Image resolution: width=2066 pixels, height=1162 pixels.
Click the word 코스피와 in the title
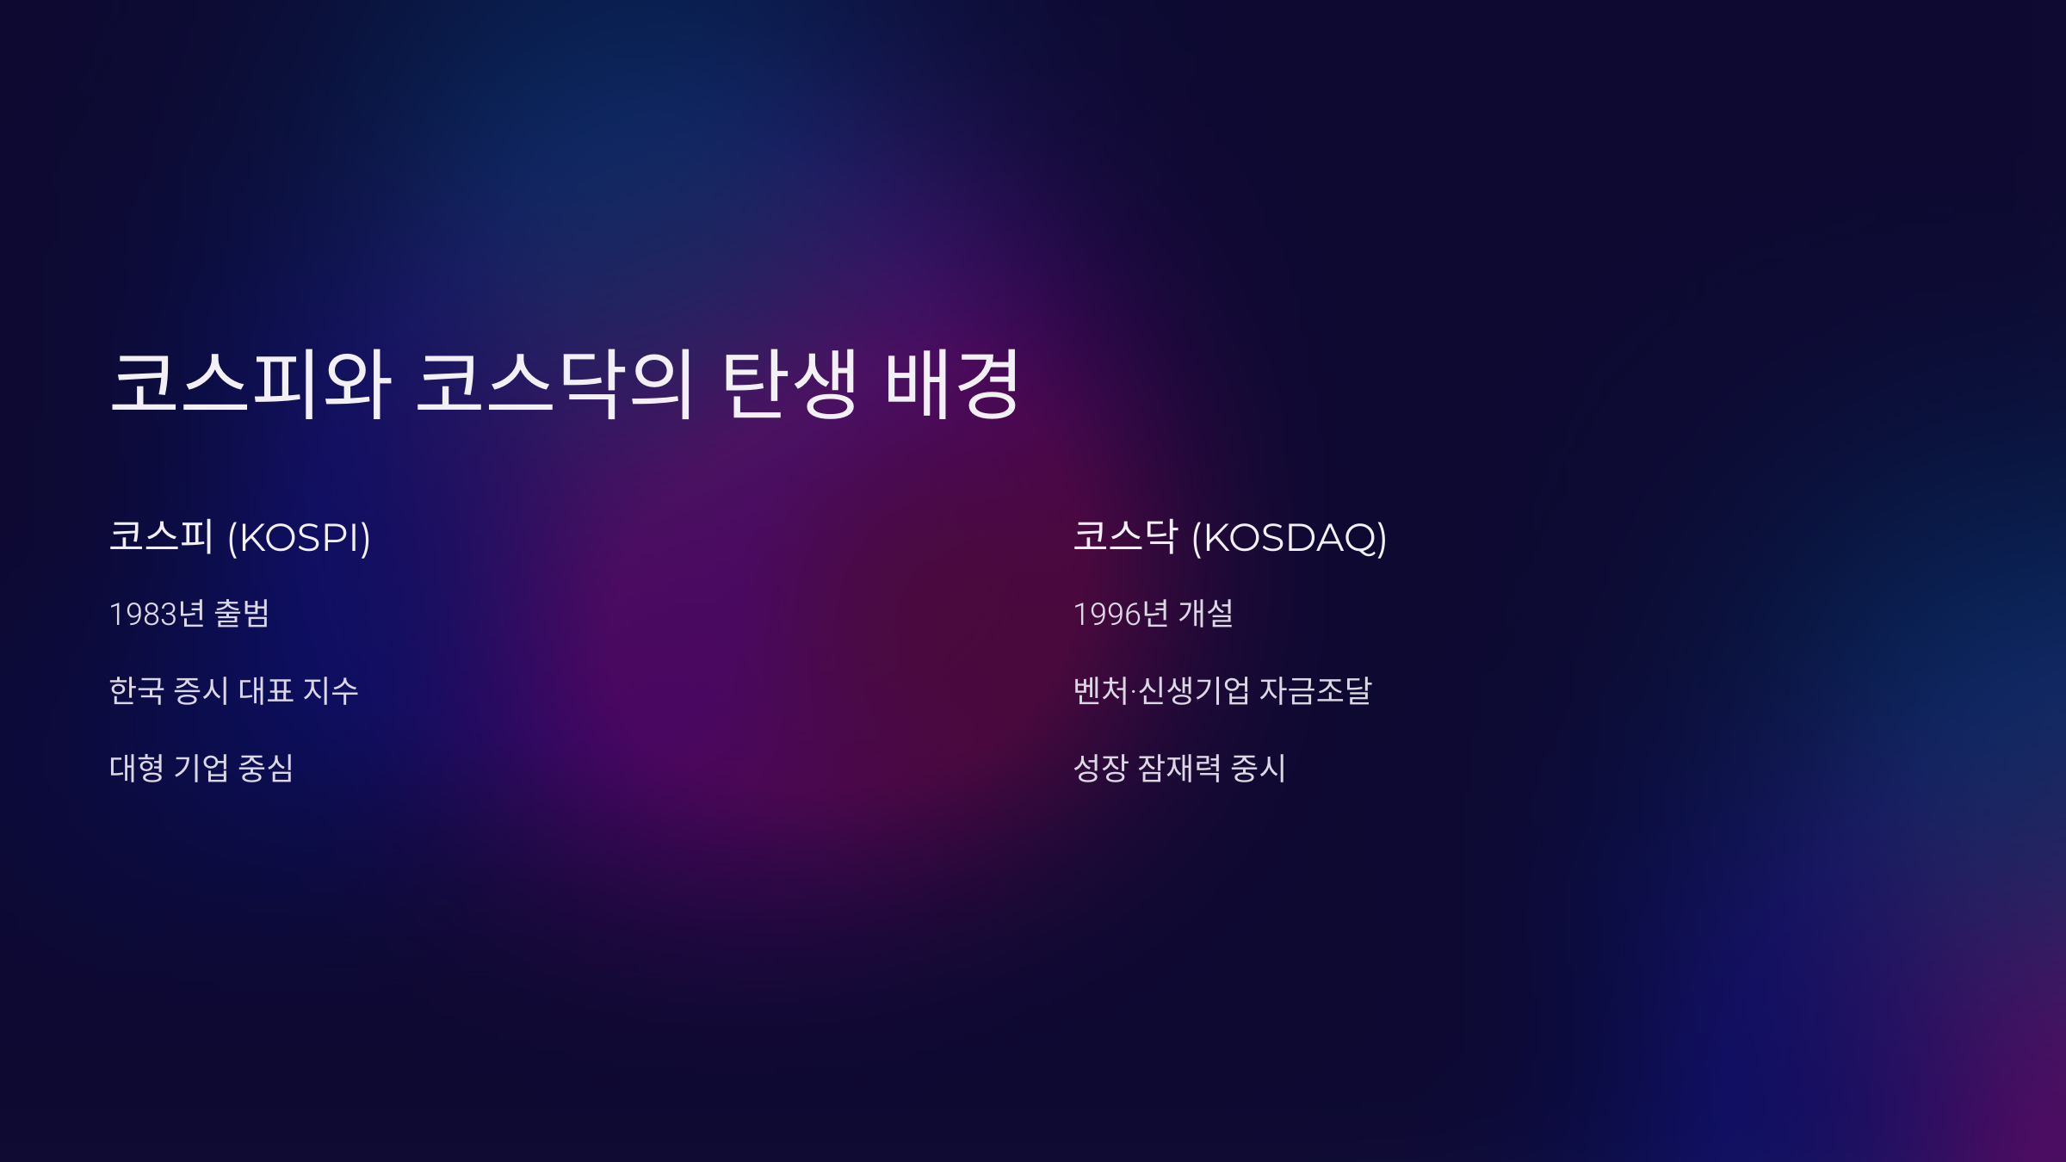tap(251, 384)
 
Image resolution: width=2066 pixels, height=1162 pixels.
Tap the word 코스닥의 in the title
tap(554, 384)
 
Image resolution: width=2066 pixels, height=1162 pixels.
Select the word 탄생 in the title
tap(789, 384)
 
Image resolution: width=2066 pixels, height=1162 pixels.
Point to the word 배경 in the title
tap(952, 384)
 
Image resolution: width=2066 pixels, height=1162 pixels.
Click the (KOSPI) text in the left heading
tap(299, 538)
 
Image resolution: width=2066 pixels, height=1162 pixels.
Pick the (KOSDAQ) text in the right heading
tap(1289, 538)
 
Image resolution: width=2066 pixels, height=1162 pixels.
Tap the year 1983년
tap(157, 614)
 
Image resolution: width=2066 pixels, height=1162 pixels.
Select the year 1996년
tap(1121, 614)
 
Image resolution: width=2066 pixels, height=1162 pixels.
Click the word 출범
tap(242, 614)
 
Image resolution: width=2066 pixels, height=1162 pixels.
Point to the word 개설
tap(1205, 614)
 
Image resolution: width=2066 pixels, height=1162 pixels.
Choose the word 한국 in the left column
tap(137, 690)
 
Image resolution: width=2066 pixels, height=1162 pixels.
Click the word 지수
tap(331, 690)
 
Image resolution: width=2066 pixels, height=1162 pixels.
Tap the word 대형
tap(137, 768)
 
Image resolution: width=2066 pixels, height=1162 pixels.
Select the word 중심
tap(266, 768)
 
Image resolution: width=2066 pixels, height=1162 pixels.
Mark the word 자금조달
tap(1315, 690)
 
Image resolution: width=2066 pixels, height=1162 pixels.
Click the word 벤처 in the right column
tap(1100, 690)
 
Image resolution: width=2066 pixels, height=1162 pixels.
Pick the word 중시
tap(1259, 768)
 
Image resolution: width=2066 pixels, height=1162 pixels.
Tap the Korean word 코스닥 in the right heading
tap(1124, 536)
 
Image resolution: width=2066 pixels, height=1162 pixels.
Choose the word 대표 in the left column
tap(266, 690)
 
